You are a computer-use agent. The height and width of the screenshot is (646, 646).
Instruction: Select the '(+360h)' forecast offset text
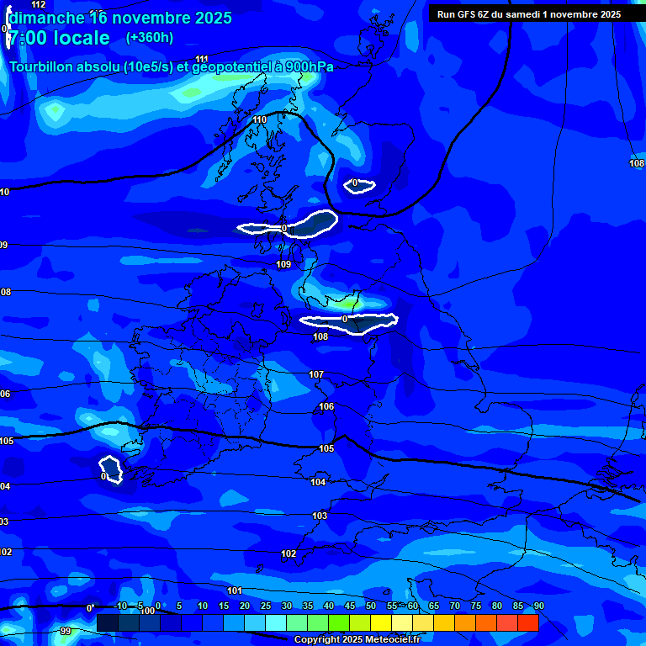pos(150,38)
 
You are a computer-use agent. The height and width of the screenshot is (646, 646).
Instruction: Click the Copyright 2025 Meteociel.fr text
pos(357,639)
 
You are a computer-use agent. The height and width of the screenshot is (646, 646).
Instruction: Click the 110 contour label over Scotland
pos(260,120)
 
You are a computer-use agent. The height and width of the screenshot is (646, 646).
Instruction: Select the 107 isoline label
pos(316,374)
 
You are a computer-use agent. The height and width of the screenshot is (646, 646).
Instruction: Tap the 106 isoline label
pos(326,406)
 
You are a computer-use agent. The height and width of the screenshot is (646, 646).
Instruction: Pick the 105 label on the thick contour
pos(326,448)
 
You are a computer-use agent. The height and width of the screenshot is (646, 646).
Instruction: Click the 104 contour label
pos(318,482)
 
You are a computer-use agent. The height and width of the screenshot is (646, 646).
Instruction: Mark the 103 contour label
pos(320,516)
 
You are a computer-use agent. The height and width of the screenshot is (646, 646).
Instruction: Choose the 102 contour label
pos(289,553)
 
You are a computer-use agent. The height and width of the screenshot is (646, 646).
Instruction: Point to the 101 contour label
pos(235,590)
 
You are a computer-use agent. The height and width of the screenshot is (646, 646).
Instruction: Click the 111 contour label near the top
pos(202,59)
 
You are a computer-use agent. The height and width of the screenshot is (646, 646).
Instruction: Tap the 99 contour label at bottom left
pos(66,631)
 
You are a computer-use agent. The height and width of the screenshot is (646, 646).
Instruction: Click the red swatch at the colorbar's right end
pos(527,622)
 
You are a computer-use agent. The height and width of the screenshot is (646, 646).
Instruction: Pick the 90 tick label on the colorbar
pos(538,606)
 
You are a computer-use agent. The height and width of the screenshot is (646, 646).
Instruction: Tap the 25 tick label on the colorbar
pos(265,606)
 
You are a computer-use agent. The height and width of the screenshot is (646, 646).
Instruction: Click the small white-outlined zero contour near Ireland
pos(110,469)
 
